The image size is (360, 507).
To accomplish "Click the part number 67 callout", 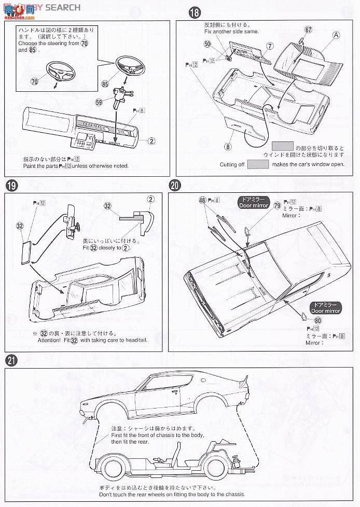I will (308, 30).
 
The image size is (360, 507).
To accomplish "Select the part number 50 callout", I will (207, 44).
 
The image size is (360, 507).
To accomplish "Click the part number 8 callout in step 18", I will (227, 147).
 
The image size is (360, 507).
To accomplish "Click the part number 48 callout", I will (202, 200).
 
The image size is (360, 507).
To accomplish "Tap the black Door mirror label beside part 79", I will (253, 202).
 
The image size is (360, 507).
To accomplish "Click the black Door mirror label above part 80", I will (325, 308).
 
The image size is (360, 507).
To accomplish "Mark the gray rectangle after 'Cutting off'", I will (258, 164).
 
